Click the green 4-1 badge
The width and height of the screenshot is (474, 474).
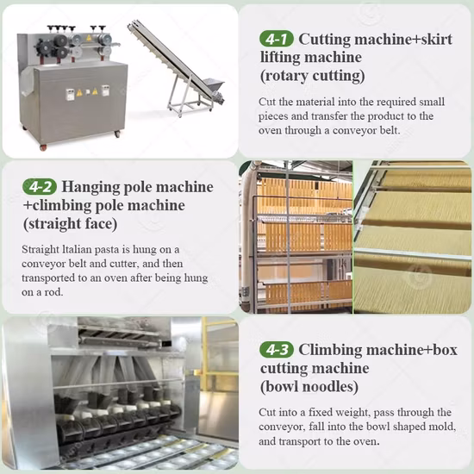[x=277, y=39]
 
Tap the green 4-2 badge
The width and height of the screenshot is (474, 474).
[x=40, y=187]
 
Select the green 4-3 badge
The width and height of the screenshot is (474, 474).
[x=277, y=350]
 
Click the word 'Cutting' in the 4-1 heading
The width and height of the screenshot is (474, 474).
[x=324, y=40]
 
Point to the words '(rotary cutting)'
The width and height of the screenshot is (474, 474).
[x=313, y=76]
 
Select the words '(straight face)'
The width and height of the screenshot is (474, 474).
[x=70, y=224]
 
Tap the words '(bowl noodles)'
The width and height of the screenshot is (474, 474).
[x=309, y=387]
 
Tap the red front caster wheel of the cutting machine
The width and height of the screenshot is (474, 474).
[x=44, y=147]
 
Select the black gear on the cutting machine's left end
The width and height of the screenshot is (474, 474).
[x=43, y=47]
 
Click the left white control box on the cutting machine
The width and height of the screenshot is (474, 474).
[x=70, y=94]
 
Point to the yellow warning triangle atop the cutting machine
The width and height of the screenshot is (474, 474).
[x=89, y=38]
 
